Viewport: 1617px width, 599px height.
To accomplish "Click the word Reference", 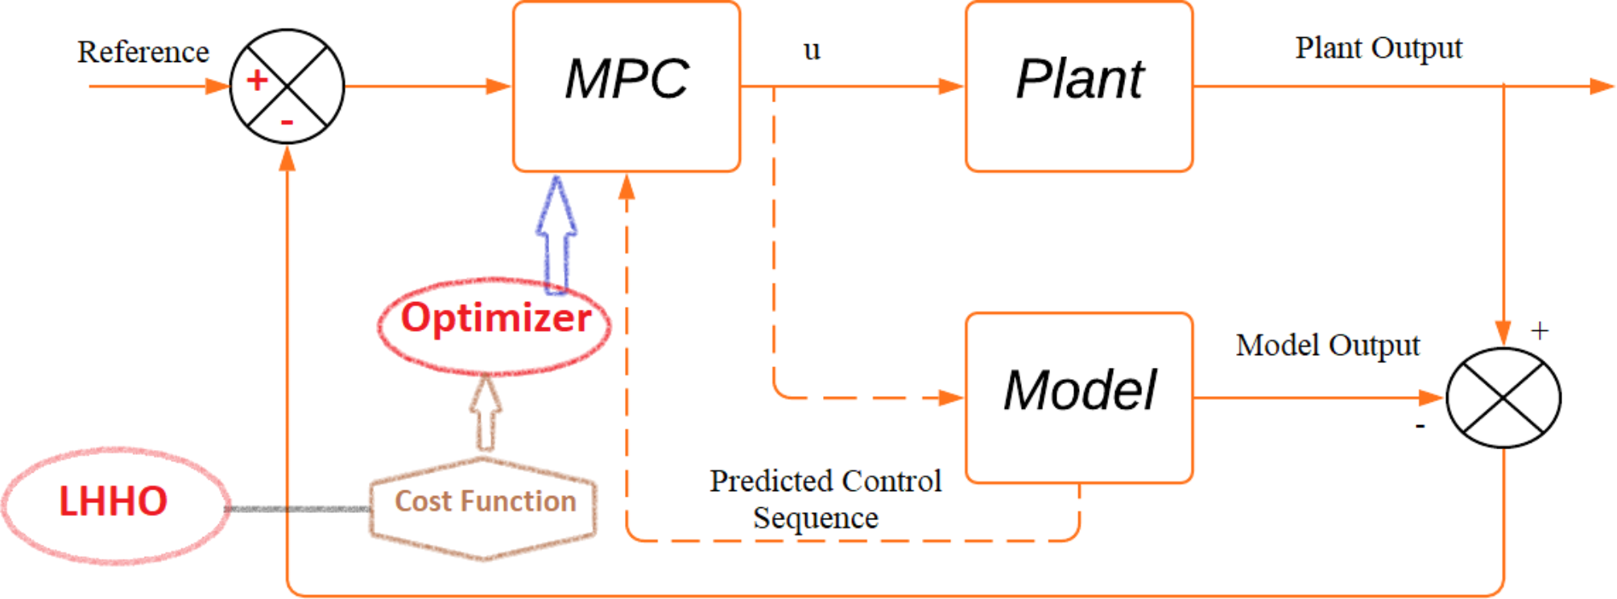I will (143, 52).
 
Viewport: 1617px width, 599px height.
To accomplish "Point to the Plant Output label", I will (1378, 48).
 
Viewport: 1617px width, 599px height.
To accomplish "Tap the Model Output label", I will (1327, 345).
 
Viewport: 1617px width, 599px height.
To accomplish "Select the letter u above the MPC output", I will (812, 51).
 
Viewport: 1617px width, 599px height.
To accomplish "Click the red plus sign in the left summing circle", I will (257, 80).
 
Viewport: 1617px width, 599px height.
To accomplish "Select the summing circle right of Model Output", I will (1503, 397).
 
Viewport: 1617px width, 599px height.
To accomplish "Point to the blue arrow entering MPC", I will (556, 233).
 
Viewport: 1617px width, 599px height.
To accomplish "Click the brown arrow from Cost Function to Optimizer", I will (485, 412).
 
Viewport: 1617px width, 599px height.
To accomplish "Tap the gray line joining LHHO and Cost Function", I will (298, 509).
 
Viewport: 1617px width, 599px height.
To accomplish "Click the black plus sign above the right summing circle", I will (1540, 331).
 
